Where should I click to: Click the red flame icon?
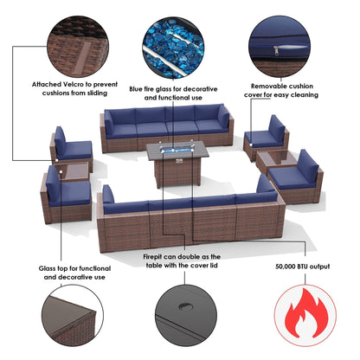305,315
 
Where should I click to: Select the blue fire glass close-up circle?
173,48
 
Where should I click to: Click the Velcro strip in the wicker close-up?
84,57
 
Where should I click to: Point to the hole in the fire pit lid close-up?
183,306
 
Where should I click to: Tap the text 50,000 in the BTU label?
286,267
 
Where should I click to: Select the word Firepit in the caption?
155,257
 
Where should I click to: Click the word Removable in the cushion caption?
266,86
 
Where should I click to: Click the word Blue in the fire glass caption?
136,89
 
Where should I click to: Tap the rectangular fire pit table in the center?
177,163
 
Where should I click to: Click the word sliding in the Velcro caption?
96,93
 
